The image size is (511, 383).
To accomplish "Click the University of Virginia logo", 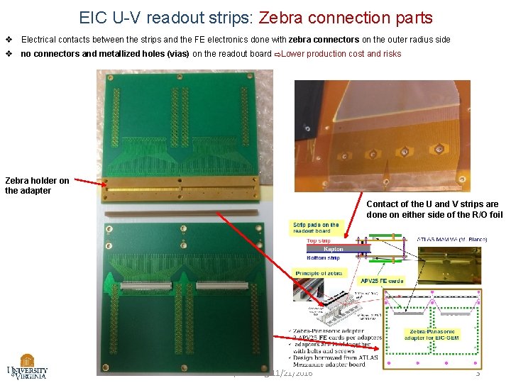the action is pyautogui.click(x=27, y=366).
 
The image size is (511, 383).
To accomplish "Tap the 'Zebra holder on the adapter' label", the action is pyautogui.click(x=37, y=185).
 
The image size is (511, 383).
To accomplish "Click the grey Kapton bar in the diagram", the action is pyautogui.click(x=333, y=249).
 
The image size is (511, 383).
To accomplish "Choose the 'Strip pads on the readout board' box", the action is pyautogui.click(x=316, y=228).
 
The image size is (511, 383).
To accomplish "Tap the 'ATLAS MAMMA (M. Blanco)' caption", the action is pyautogui.click(x=451, y=240).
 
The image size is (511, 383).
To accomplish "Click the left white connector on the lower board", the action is pyautogui.click(x=148, y=287).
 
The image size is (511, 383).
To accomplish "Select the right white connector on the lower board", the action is pyautogui.click(x=222, y=286).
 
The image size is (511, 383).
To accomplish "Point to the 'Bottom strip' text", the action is pyautogui.click(x=323, y=258).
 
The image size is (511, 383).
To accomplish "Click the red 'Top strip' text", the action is pyautogui.click(x=319, y=241).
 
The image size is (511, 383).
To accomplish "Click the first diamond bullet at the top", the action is pyautogui.click(x=9, y=40).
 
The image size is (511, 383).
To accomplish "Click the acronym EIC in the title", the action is pyautogui.click(x=94, y=17).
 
